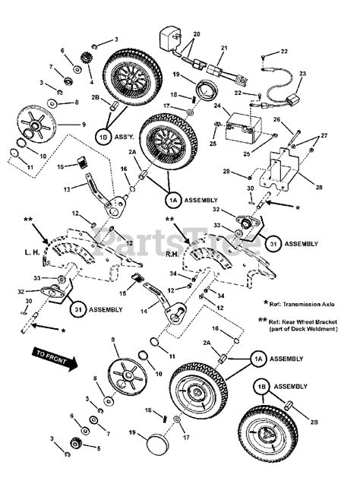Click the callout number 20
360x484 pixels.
[197, 36]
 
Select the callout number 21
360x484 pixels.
[223, 47]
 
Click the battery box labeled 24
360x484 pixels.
[246, 122]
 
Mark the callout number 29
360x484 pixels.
[226, 172]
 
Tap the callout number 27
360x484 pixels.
[324, 135]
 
